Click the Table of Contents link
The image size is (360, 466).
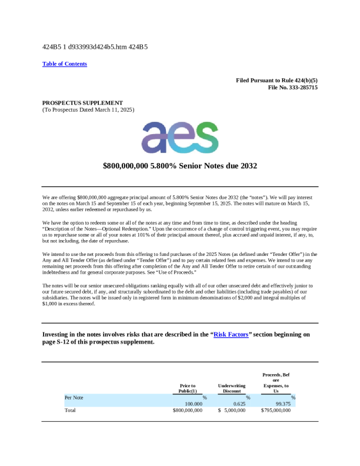(65, 64)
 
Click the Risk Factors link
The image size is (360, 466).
(231, 334)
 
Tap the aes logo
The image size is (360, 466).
(179, 138)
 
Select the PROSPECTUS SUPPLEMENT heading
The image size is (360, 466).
(82, 102)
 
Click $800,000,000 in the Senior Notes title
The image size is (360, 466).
(129, 167)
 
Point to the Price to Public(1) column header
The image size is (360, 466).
(187, 389)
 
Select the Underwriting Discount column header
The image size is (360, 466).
(231, 389)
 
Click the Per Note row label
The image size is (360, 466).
(74, 398)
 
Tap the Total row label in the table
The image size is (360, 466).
(70, 410)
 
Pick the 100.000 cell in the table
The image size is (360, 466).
(194, 404)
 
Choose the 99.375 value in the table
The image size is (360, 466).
(284, 404)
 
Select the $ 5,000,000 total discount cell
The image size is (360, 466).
(232, 410)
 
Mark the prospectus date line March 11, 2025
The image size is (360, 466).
(88, 109)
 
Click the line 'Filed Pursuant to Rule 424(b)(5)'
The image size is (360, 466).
(276, 80)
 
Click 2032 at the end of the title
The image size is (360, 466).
(247, 167)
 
